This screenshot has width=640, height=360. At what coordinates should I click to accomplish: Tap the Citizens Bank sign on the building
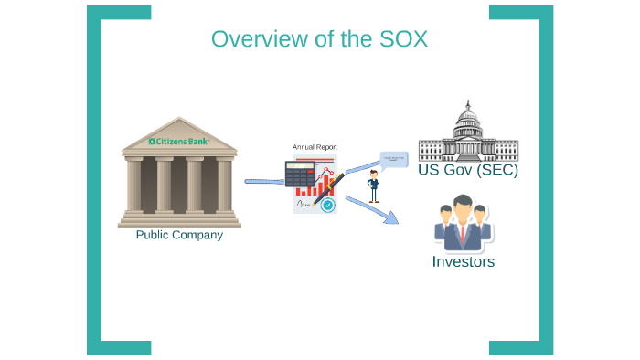tap(179, 142)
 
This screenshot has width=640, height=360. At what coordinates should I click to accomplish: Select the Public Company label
tap(179, 235)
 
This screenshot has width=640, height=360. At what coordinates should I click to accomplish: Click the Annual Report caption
tap(315, 146)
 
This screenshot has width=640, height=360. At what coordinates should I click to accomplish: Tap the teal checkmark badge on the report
tap(327, 205)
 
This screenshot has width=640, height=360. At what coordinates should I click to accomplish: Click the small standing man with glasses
tap(373, 186)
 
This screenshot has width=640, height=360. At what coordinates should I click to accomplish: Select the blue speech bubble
tap(394, 161)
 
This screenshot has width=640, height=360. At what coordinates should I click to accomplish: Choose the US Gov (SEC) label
tap(467, 171)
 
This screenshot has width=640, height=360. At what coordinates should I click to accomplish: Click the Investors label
tap(463, 262)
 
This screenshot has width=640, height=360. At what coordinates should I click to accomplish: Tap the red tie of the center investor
tap(463, 236)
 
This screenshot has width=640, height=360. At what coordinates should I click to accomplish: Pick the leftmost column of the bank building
tap(134, 185)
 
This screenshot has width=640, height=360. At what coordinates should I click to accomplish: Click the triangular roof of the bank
tap(179, 132)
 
